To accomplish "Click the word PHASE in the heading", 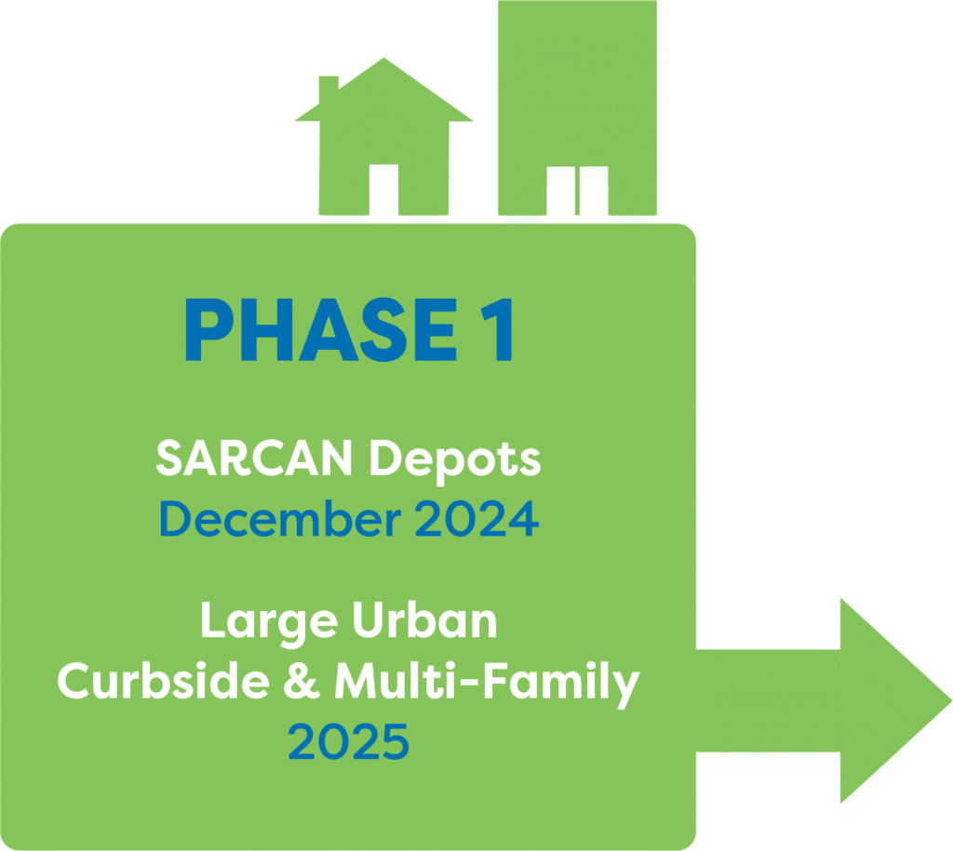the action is click(321, 330).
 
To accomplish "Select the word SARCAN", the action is click(254, 458).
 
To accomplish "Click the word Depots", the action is click(455, 460).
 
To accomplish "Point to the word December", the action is click(280, 519).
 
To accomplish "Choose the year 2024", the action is click(477, 519).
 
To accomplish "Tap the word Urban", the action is click(424, 620).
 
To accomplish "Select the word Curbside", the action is click(164, 680).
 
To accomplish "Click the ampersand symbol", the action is click(302, 681).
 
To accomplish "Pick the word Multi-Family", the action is click(488, 684).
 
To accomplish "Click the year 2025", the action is click(348, 741).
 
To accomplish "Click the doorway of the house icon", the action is click(383, 190).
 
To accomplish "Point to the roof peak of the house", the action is click(383, 59).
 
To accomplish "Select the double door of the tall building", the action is click(577, 191).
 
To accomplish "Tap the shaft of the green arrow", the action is click(768, 700).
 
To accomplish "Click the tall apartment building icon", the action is click(577, 108).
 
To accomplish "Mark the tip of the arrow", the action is click(951, 700).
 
